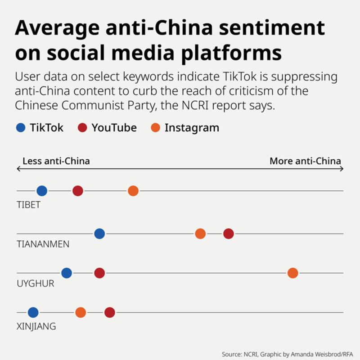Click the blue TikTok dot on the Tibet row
coord(42,191)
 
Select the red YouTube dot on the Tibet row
coord(78,191)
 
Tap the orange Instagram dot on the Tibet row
coord(133,191)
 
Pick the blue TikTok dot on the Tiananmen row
coord(99,234)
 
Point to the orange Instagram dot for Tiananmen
coord(200,234)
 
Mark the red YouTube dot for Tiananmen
coord(229,234)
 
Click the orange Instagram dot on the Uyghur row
coord(293,273)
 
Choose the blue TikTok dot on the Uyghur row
coord(67,273)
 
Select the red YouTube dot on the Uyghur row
coord(99,273)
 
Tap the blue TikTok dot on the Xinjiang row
coord(33,312)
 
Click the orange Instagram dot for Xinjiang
coord(81,312)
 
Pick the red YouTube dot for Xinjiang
coord(110,312)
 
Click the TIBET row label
coord(28,205)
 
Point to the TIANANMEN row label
coord(43,244)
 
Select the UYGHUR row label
coord(35,283)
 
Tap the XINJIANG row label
coord(36,326)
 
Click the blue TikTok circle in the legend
coord(21,128)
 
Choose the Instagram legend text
coord(192,128)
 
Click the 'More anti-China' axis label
coord(305,161)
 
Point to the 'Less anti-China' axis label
coord(56,161)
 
